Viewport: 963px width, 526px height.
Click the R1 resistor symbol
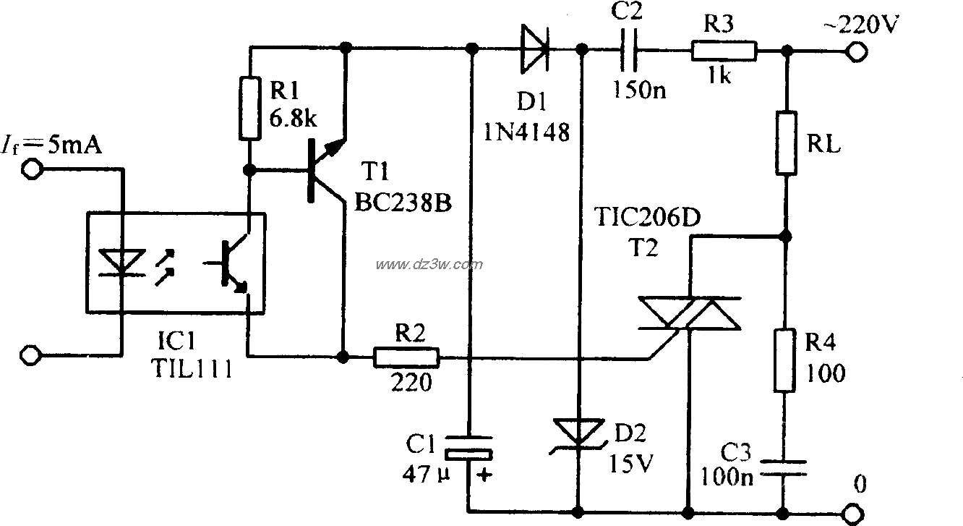tap(249, 109)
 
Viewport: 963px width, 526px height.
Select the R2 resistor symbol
tap(406, 357)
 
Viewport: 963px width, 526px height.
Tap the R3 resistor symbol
tap(724, 51)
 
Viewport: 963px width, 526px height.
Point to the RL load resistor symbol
tap(787, 143)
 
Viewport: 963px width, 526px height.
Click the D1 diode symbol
tap(534, 50)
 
